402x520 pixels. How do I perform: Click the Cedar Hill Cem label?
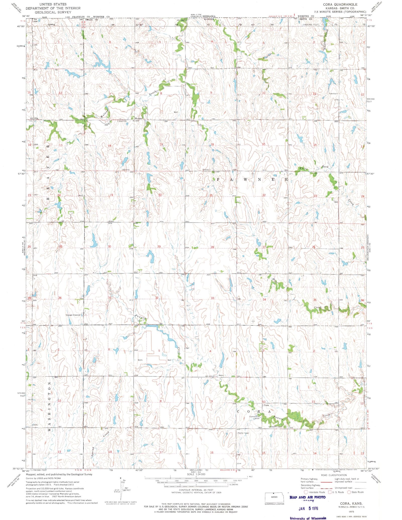pyautogui.click(x=276, y=427)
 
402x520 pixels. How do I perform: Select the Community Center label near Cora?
pyautogui.click(x=255, y=417)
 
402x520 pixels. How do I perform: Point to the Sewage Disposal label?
pyautogui.click(x=73, y=315)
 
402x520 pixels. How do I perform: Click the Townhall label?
pyautogui.click(x=333, y=93)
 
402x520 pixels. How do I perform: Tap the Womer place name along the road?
pyautogui.click(x=138, y=118)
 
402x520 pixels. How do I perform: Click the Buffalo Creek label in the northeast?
pyautogui.click(x=327, y=40)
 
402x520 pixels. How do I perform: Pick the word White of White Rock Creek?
pyautogui.click(x=303, y=169)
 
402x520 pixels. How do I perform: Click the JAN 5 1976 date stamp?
pyautogui.click(x=308, y=508)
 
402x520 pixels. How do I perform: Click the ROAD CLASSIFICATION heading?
pyautogui.click(x=334, y=475)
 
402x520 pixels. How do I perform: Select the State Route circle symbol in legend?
pyautogui.click(x=349, y=492)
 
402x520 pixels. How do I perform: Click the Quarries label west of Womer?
pyautogui.click(x=123, y=121)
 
